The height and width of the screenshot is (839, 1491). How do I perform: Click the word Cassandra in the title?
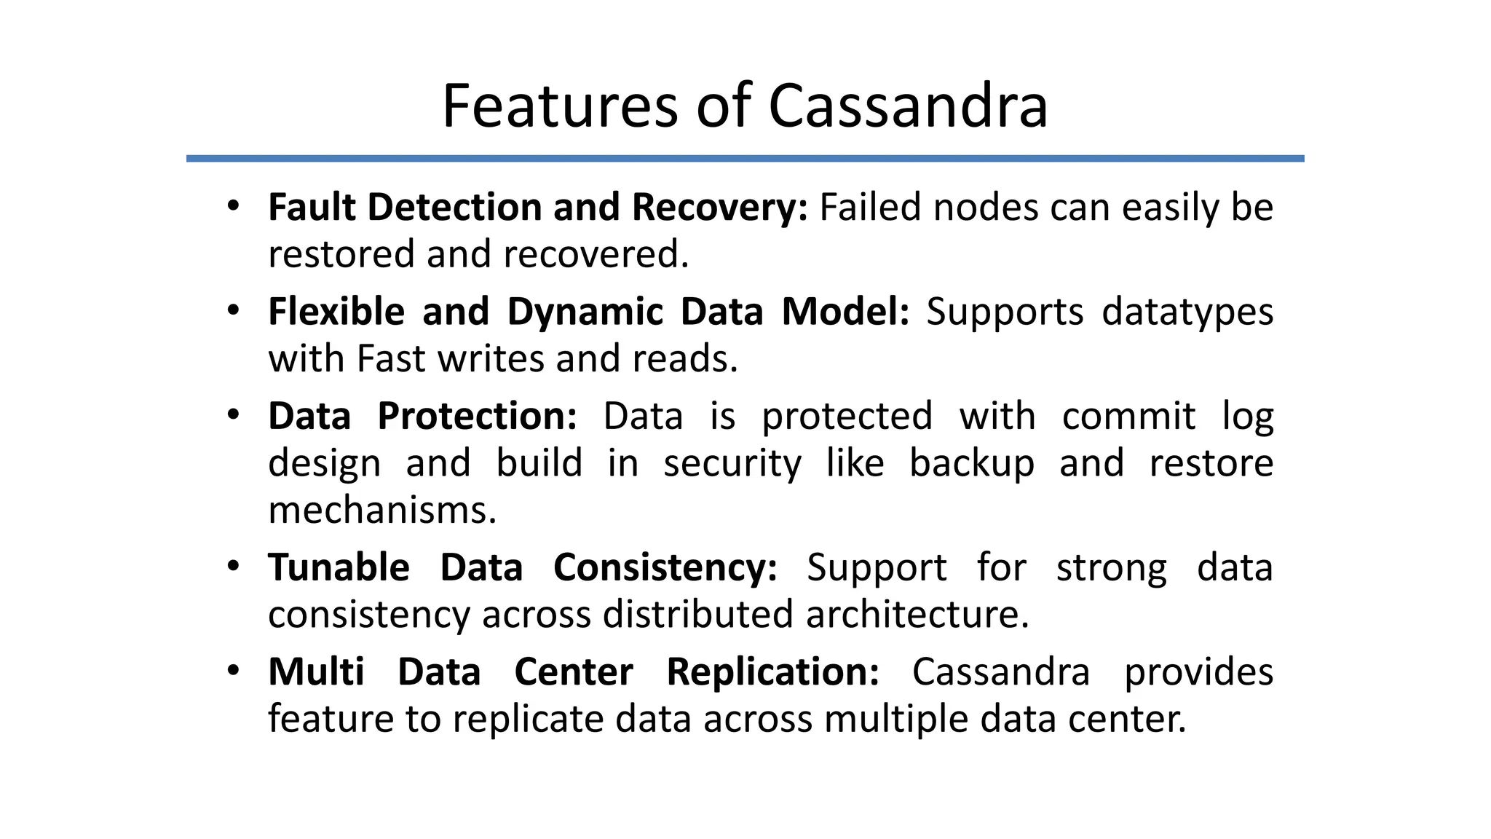pyautogui.click(x=908, y=106)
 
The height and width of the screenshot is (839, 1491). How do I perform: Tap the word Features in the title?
pyautogui.click(x=561, y=106)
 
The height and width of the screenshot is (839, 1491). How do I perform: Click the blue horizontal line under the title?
pyautogui.click(x=745, y=158)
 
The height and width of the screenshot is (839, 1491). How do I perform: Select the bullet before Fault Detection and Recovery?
pyautogui.click(x=233, y=206)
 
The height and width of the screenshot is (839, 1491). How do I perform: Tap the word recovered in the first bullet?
pyautogui.click(x=596, y=254)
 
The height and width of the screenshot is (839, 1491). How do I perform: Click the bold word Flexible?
pyautogui.click(x=336, y=312)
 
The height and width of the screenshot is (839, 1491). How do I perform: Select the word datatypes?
pyautogui.click(x=1187, y=312)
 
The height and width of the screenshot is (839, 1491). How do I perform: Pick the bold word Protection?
pyautogui.click(x=477, y=417)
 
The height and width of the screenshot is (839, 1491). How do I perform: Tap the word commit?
pyautogui.click(x=1128, y=417)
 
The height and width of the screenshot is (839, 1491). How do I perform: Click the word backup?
pyautogui.click(x=972, y=463)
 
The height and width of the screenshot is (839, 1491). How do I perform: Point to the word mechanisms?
pyautogui.click(x=382, y=510)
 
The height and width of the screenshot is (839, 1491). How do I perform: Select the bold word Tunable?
pyautogui.click(x=339, y=567)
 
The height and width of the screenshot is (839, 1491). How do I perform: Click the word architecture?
pyautogui.click(x=917, y=614)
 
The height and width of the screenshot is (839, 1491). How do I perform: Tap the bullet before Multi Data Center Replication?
pyautogui.click(x=233, y=671)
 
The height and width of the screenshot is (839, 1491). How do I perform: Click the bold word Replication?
pyautogui.click(x=773, y=672)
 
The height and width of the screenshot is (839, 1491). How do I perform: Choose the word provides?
pyautogui.click(x=1198, y=672)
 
